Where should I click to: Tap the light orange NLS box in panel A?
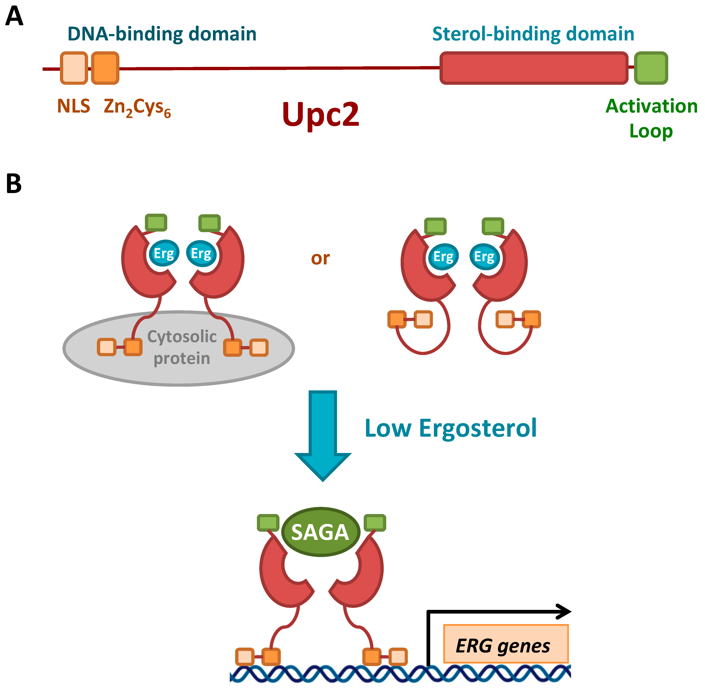coord(74,68)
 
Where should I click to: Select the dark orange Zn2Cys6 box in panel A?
coord(105,68)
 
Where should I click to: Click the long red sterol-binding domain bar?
coord(534,68)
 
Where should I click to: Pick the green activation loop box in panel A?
coord(651,68)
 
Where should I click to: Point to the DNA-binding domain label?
coord(162,34)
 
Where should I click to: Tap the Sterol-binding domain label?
coord(533,34)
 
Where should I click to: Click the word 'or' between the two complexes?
coord(320,258)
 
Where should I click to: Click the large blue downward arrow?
coord(322,434)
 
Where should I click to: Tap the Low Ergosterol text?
coord(451,428)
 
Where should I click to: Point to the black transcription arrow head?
coord(565,612)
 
